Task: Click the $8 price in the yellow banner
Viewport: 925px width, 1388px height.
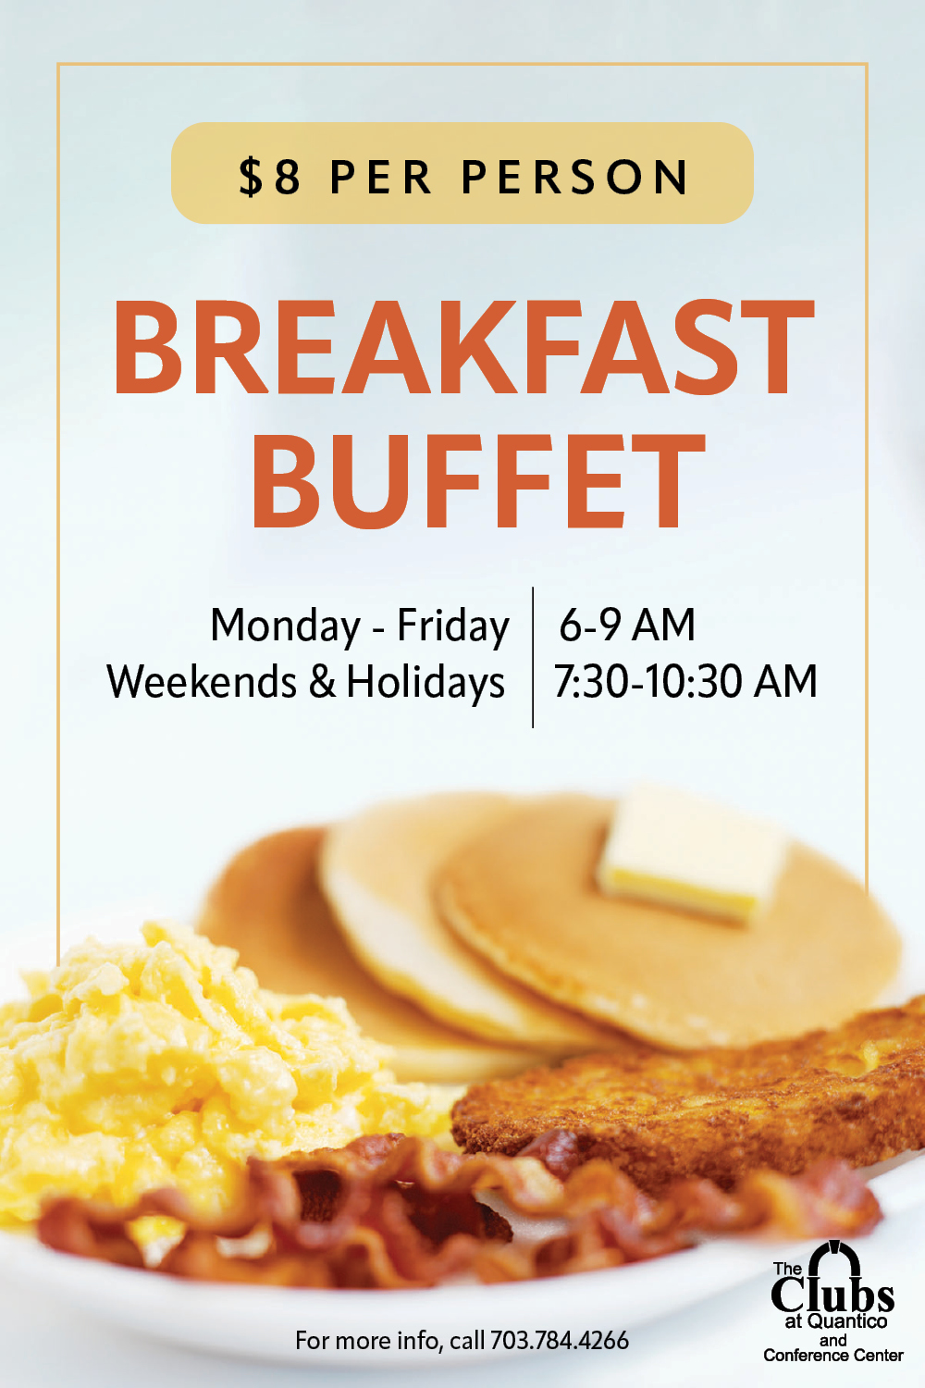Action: click(270, 177)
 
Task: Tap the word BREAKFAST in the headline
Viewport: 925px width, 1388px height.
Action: click(463, 347)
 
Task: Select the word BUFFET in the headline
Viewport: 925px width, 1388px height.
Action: click(478, 481)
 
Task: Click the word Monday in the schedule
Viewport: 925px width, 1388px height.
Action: click(285, 626)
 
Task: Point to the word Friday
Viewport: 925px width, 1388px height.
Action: click(453, 626)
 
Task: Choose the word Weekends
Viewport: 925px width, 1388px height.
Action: click(202, 682)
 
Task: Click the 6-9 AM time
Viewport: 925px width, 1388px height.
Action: click(627, 625)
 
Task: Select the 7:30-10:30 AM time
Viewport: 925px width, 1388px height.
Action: click(685, 682)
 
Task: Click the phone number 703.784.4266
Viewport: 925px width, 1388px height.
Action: click(560, 1341)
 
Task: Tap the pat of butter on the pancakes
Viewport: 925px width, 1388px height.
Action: click(691, 854)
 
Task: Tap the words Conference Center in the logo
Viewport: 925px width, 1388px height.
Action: click(833, 1356)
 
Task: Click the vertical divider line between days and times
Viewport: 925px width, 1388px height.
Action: click(533, 657)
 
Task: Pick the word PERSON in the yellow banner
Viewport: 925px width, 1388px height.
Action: click(575, 178)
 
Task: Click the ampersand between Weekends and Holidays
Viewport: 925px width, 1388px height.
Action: click(322, 682)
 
